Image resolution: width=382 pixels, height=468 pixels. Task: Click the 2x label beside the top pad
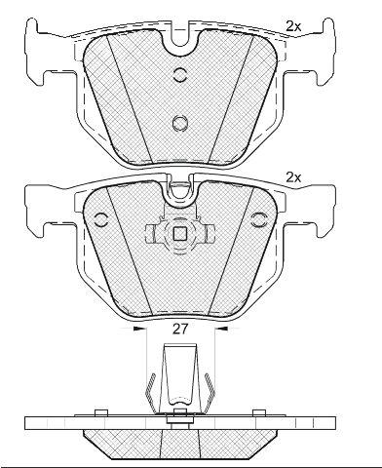(x=293, y=26)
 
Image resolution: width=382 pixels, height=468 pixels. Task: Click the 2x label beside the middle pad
(x=293, y=177)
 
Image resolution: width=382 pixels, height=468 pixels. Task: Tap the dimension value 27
(x=180, y=330)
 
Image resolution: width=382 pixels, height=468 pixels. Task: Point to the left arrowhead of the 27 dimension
(x=139, y=330)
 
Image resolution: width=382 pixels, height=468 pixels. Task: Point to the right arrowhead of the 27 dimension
(x=222, y=330)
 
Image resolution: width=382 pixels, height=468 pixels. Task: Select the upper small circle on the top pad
(x=179, y=75)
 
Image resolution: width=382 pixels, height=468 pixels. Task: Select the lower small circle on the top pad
(x=180, y=123)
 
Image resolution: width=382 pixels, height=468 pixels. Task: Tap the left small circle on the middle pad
(x=101, y=220)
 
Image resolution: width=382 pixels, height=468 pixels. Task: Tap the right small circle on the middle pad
(x=259, y=220)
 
